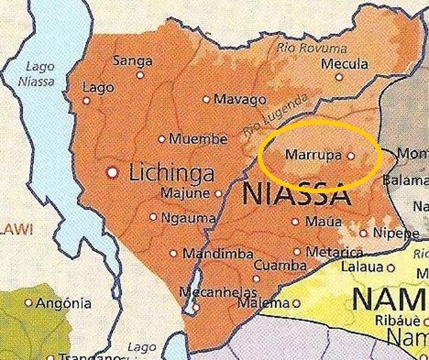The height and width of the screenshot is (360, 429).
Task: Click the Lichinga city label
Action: tap(172, 173)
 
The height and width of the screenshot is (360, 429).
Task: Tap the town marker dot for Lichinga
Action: tap(112, 172)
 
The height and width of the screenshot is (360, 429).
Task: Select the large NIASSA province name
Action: tap(296, 194)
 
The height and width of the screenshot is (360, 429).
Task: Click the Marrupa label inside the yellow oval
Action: tap(313, 155)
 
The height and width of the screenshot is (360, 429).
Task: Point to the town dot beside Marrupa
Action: tap(350, 156)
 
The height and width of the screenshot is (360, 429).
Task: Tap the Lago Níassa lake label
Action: tap(41, 74)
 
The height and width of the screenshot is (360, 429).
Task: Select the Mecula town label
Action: tap(344, 64)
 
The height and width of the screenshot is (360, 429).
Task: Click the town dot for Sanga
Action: tap(140, 75)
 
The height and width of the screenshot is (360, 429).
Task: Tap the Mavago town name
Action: tap(240, 100)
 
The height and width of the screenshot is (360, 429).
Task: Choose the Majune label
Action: tap(185, 193)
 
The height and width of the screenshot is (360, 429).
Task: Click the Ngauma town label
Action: tap(188, 218)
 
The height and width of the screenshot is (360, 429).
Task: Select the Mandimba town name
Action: tap(217, 253)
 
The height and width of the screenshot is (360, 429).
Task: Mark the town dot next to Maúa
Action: tap(295, 222)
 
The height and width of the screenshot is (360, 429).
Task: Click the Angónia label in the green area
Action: tap(64, 303)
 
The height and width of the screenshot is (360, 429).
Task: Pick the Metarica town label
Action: tap(334, 252)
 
